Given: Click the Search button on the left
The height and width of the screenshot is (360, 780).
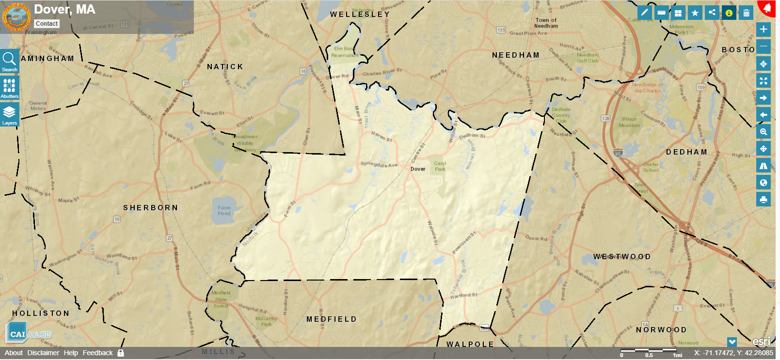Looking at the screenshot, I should tap(10, 62).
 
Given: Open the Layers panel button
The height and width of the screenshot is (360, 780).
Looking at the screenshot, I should tap(10, 115).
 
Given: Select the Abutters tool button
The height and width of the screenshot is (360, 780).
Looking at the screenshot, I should tap(10, 88).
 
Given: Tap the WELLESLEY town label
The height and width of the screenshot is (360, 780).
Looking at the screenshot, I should tap(360, 15).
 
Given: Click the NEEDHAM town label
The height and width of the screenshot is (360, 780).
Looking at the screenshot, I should tap(516, 55).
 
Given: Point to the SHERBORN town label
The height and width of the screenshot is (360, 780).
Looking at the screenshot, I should tap(150, 208).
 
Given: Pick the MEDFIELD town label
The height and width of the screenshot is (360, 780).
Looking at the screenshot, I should tap(332, 319).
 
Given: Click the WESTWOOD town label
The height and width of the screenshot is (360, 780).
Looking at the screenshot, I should tap(622, 257).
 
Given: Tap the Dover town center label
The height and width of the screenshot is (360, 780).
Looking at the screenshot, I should tap(418, 169).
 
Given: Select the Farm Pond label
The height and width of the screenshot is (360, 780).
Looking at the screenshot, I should tap(224, 211).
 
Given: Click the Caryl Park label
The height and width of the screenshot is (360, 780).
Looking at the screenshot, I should tap(440, 166).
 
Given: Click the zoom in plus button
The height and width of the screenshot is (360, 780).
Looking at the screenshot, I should tap(764, 30).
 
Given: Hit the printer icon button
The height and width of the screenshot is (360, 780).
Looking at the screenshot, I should tap(764, 199).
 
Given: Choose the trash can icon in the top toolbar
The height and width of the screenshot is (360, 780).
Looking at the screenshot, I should tap(747, 13).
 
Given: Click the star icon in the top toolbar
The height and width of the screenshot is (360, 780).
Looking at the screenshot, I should tap(695, 13).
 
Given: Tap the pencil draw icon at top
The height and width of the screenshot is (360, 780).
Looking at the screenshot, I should tap(644, 13).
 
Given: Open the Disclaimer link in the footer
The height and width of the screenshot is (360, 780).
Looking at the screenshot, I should tap(43, 353).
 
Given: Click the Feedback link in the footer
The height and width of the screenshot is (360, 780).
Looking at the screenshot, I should tap(97, 353).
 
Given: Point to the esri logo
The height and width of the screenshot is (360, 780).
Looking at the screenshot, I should tap(761, 342).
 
